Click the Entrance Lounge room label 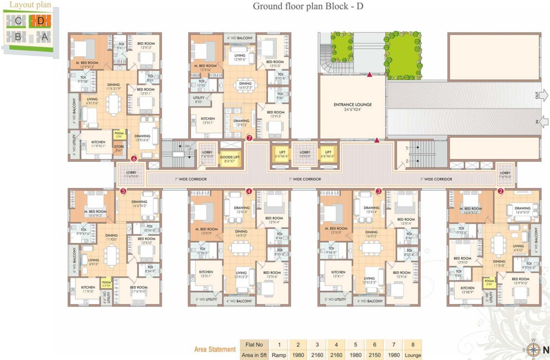pos(353,107)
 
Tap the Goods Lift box pos(230,158)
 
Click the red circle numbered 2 pos(500,191)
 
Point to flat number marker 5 pos(123,191)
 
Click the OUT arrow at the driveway pos(543,96)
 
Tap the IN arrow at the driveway pos(543,122)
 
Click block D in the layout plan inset pos(40,21)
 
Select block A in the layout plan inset pos(45,37)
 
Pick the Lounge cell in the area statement pos(413,355)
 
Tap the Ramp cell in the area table pos(279,355)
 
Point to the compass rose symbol pos(533,350)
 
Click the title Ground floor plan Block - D pos(308,6)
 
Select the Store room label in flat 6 pos(119,149)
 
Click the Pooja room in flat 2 pos(489,284)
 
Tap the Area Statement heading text pos(215,349)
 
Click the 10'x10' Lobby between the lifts pos(305,154)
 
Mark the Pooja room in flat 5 pos(106,283)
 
